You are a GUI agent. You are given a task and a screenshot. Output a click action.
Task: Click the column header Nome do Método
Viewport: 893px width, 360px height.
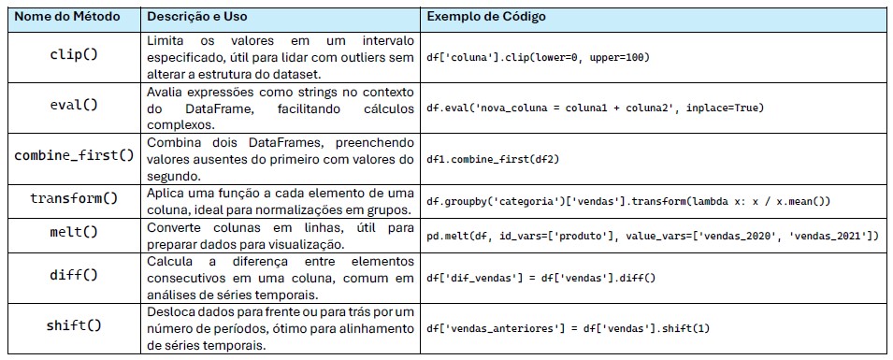(67, 17)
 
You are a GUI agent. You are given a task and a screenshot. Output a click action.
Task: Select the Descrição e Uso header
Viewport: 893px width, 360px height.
(197, 17)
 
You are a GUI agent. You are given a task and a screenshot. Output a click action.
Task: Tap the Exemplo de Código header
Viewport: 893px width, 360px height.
(486, 17)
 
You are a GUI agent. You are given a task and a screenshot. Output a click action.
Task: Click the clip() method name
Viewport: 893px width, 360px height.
(74, 57)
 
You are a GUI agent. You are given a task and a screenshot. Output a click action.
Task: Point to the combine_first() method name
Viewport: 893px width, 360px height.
(74, 155)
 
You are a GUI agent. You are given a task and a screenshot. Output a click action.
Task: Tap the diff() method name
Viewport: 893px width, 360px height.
(74, 275)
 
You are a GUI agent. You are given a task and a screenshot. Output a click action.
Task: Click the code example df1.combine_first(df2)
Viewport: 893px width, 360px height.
(493, 159)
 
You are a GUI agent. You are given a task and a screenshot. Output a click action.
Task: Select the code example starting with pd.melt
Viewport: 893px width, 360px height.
(654, 236)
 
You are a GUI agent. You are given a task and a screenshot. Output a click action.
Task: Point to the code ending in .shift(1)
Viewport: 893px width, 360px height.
(569, 329)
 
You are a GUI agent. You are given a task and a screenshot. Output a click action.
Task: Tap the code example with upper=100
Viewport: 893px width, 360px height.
(538, 58)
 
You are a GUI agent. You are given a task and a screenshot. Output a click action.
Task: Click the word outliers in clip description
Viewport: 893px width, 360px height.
(361, 57)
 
